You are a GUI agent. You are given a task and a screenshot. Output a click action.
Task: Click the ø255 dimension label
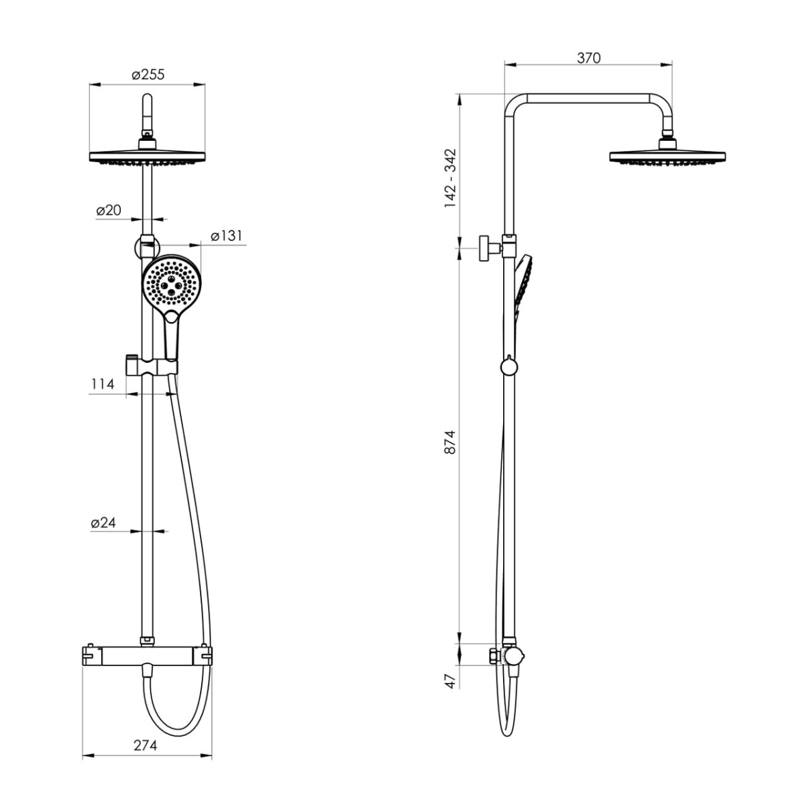pos(148,74)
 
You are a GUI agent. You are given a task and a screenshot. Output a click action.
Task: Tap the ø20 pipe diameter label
pos(108,210)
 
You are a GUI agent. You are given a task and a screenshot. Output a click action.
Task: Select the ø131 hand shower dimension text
pos(227,235)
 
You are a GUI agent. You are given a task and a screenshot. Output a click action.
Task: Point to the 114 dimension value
pos(103,384)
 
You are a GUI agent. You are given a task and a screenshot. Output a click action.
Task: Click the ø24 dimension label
pos(103,522)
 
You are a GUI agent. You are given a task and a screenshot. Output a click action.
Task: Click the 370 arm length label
pos(588,58)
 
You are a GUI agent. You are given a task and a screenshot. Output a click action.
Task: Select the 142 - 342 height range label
pos(451,178)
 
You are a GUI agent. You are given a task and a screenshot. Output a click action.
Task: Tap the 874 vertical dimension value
pos(451,442)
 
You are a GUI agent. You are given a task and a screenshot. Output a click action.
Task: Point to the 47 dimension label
pos(451,680)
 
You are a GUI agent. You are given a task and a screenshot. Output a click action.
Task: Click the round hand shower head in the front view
pos(171,284)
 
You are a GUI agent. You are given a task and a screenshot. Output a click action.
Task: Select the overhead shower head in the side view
pos(667,153)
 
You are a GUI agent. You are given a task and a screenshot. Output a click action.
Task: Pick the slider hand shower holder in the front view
pos(151,366)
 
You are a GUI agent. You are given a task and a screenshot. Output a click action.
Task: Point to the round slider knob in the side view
pos(508,367)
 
